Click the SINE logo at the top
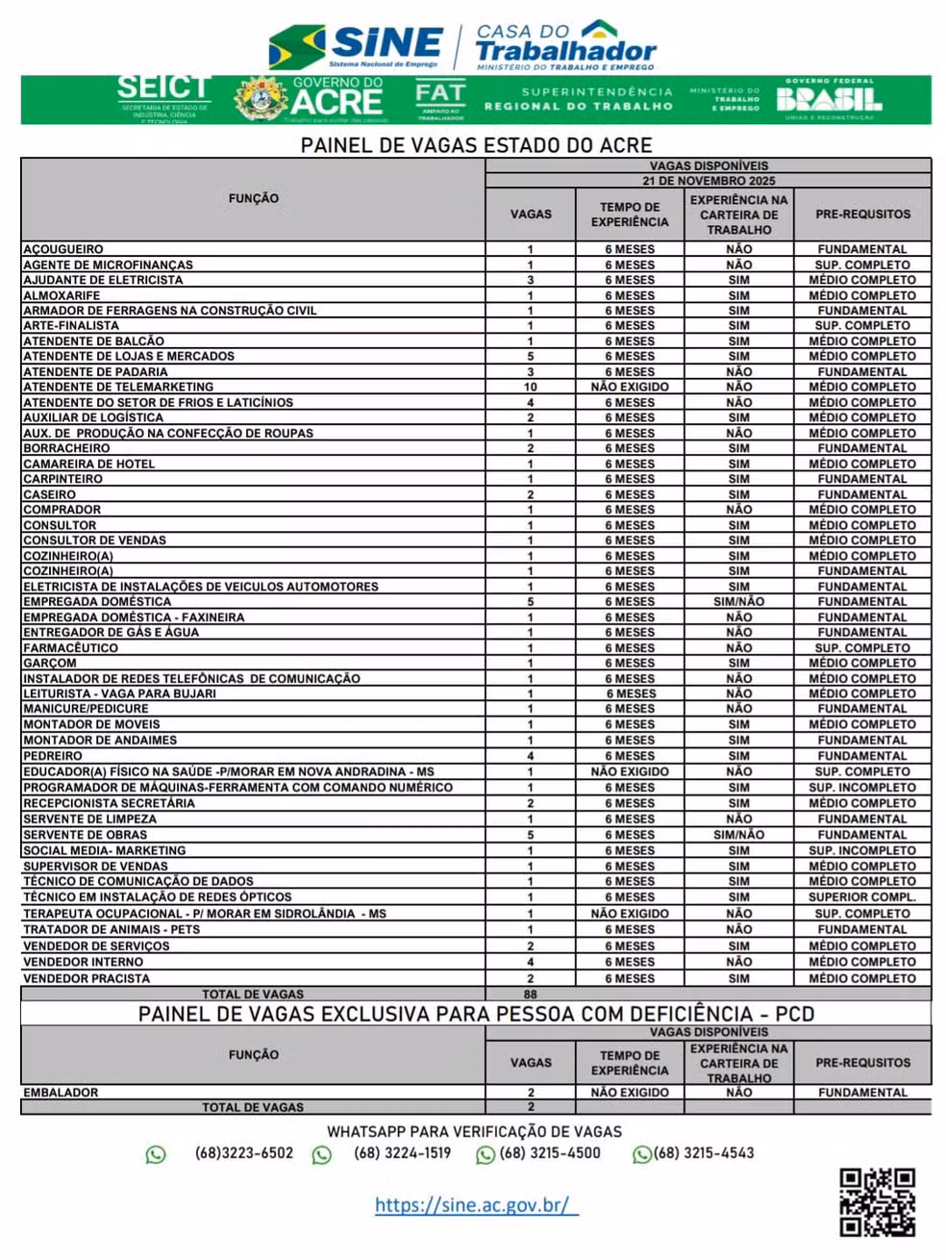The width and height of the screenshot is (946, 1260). [x=356, y=45]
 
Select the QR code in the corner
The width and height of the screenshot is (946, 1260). [x=876, y=1201]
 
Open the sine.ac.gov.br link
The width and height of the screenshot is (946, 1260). [x=476, y=1204]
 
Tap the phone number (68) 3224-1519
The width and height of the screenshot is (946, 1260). [x=402, y=1153]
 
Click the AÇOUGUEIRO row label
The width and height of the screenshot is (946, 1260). [x=63, y=249]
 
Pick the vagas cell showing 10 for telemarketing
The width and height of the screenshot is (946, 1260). [x=530, y=387]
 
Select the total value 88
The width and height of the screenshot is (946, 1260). [x=530, y=994]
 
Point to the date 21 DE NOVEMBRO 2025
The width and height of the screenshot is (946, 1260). [x=708, y=181]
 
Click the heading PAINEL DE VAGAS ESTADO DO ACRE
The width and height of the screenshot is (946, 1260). [x=476, y=145]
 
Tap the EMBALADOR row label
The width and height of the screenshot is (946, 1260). [x=61, y=1093]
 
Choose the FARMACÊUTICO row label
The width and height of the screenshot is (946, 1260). [x=70, y=648]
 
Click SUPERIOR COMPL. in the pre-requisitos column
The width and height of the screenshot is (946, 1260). [x=861, y=896]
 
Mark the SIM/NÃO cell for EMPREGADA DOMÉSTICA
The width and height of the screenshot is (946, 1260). [x=738, y=602]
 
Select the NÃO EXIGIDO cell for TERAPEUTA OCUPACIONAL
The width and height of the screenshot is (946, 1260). [x=630, y=914]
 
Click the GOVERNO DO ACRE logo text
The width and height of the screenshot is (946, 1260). [x=336, y=98]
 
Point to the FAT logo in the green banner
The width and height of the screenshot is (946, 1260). [x=440, y=98]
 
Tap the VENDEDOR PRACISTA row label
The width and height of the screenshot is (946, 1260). [x=87, y=978]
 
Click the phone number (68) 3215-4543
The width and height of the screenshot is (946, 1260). [x=703, y=1153]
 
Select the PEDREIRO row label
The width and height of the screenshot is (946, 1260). [x=53, y=756]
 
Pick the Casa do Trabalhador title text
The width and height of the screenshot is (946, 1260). [x=565, y=44]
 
